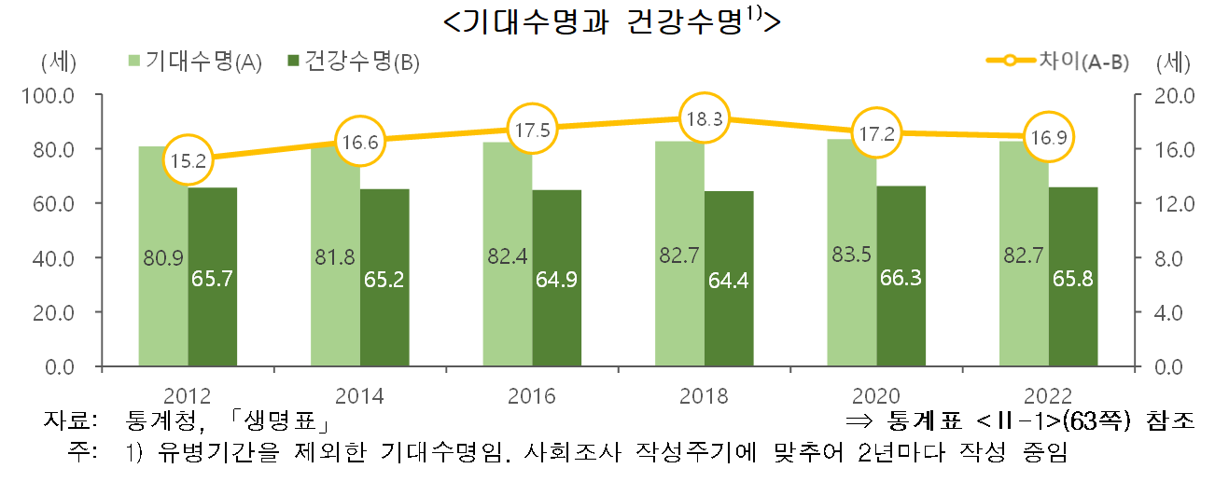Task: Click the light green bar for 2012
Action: point(163,280)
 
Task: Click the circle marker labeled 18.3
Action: point(705,118)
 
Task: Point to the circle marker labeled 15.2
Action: point(189,160)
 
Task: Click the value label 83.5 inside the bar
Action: point(851,256)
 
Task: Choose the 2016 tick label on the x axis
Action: point(532,395)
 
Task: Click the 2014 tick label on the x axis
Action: point(360,395)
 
